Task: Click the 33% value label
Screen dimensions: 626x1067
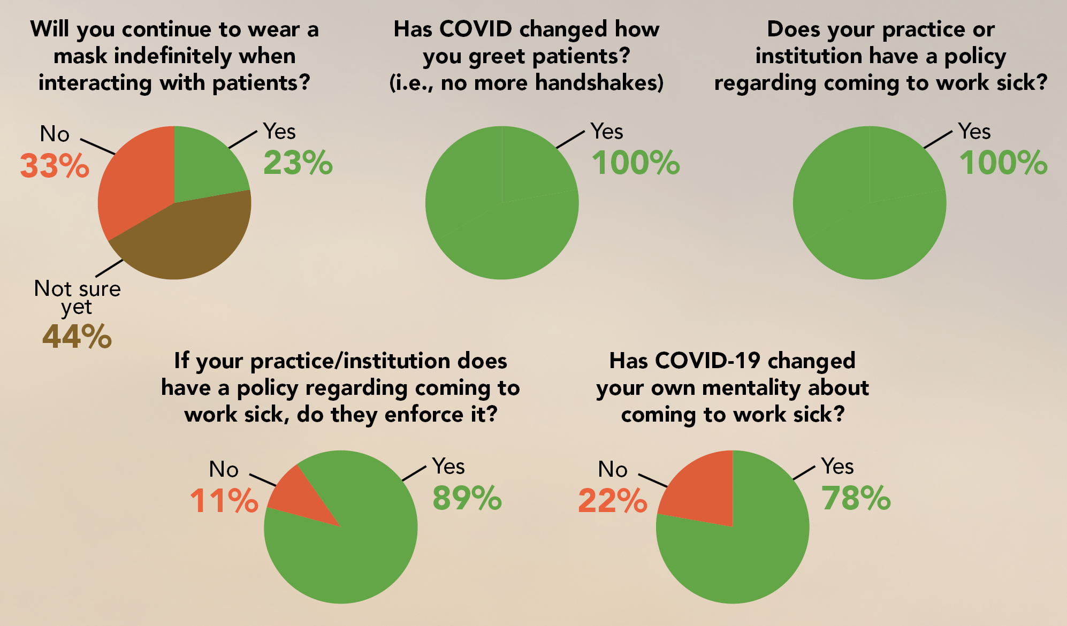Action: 55,166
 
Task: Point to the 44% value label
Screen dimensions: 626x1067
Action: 77,337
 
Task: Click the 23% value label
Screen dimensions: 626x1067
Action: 298,163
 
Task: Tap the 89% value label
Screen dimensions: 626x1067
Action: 467,499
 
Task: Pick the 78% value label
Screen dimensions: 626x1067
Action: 856,499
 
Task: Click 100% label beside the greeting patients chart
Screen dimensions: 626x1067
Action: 636,163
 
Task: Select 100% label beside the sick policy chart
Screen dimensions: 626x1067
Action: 1003,163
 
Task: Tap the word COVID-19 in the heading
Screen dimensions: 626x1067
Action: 707,361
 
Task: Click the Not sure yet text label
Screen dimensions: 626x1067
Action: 78,297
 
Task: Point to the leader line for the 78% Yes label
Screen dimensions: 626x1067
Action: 804,472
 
